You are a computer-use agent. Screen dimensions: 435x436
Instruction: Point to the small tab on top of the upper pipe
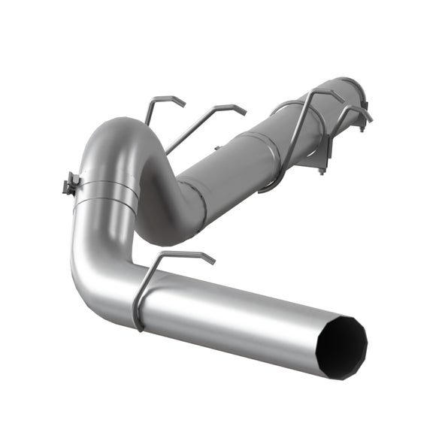pos(283,107)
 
